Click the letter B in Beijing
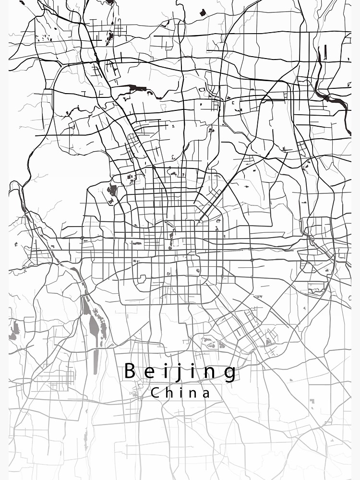(x=130, y=371)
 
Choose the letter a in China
(x=206, y=394)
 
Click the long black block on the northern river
(x=138, y=88)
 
